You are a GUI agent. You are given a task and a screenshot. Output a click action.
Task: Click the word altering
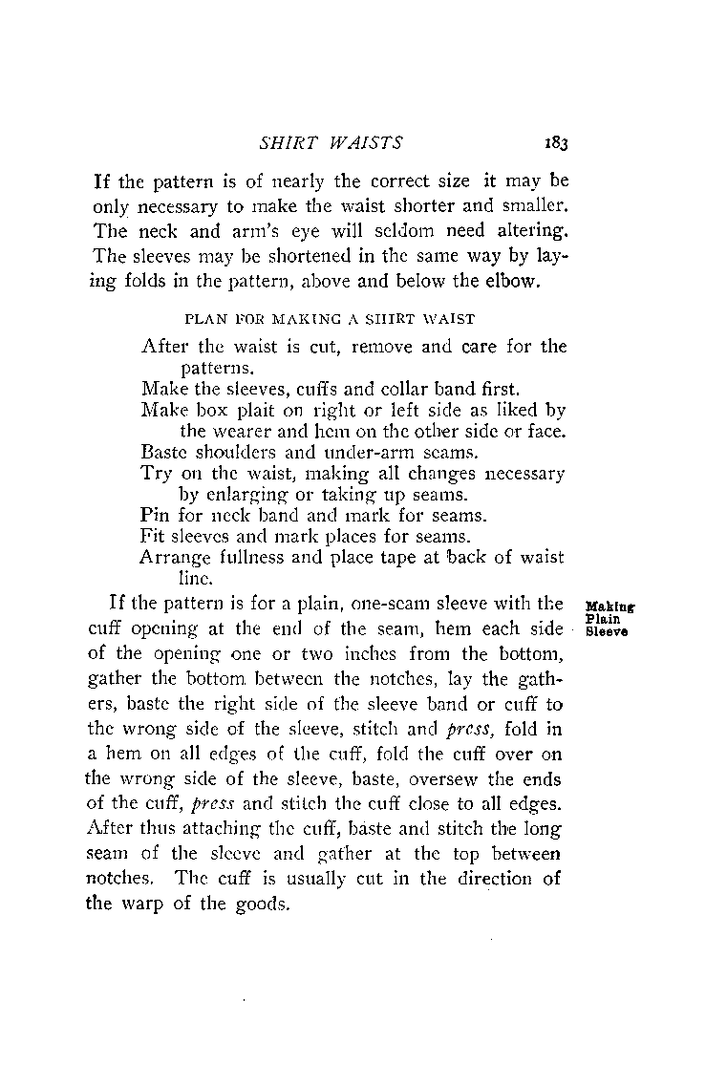pos(525,229)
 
